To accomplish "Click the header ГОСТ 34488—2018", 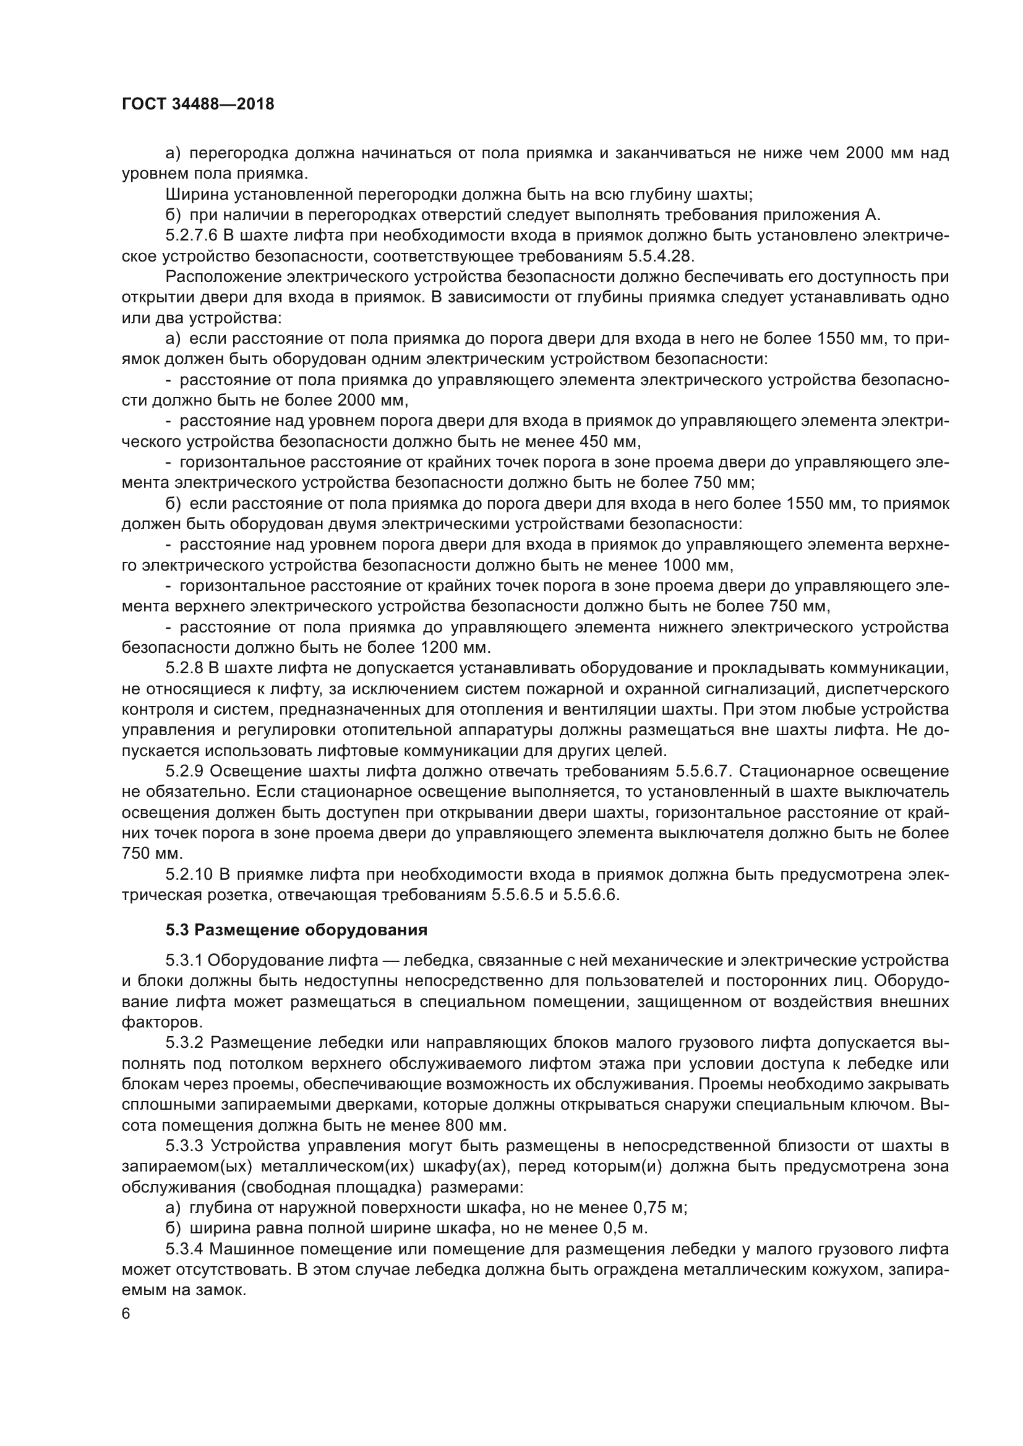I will pos(198,104).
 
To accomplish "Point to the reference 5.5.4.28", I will pos(664,257).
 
